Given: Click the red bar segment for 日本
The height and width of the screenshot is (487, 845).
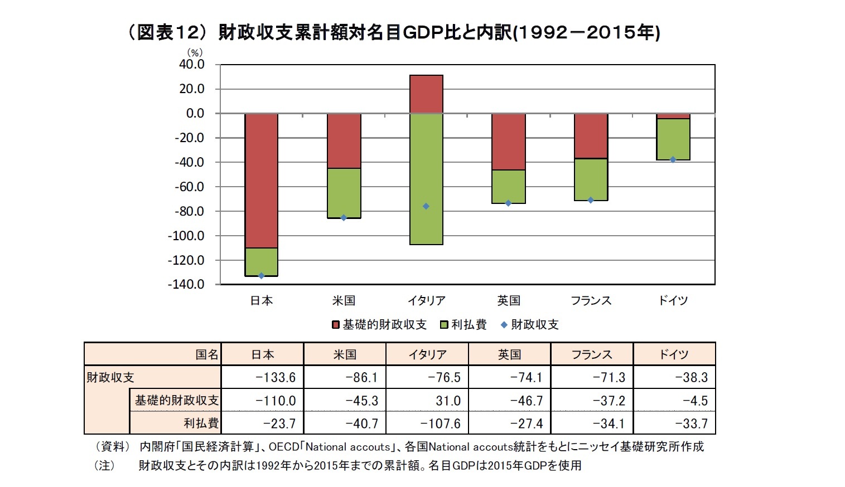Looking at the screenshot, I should point(261,180).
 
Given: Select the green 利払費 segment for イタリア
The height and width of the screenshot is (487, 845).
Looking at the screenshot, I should point(426,178).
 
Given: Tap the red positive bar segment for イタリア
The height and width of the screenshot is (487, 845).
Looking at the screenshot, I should point(426,94).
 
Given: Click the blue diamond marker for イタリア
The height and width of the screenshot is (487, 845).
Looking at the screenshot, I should point(426,206).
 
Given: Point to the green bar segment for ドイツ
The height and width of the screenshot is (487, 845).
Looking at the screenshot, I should point(673,139).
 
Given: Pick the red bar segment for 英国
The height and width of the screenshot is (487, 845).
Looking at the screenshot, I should point(509,142).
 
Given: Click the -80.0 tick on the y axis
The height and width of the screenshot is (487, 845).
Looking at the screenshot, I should point(190,211).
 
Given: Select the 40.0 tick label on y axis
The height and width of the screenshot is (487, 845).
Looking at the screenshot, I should point(192,65).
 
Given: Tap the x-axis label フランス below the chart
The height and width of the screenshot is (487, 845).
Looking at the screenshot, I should point(591,301).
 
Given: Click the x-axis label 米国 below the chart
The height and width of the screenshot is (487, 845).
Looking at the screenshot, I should point(344,301).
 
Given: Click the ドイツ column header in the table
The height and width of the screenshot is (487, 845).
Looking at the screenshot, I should point(674,354).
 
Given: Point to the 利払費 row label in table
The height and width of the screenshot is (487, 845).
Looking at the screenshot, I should point(201,423).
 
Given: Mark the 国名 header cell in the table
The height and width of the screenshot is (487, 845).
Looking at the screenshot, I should point(207,354).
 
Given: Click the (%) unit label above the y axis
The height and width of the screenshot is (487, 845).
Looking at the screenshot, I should point(195,53).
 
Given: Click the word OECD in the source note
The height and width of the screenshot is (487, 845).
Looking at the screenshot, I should point(283,447).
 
